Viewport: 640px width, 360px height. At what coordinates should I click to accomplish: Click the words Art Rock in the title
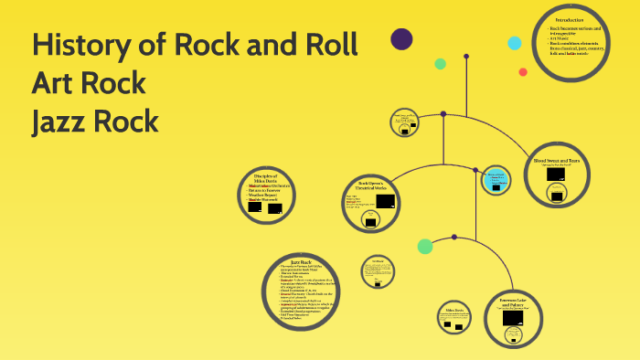pos(89,83)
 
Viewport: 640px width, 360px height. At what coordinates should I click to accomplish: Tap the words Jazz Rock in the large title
pos(95,121)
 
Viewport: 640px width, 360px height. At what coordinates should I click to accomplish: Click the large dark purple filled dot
pos(401,38)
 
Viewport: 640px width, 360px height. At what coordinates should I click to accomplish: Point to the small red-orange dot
pos(523,72)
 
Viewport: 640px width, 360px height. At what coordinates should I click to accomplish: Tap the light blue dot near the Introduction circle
pos(515,43)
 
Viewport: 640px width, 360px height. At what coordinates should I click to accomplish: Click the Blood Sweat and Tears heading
pos(557,161)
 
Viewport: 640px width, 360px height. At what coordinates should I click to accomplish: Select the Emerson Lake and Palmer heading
pos(517,301)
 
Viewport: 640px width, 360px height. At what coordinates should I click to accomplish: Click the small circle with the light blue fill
pos(496,179)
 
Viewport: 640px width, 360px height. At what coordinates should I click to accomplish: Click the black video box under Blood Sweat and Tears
pos(556,174)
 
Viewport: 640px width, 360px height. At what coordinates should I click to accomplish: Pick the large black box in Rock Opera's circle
pos(386,201)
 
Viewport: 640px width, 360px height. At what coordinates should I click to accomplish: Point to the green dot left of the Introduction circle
pos(441,64)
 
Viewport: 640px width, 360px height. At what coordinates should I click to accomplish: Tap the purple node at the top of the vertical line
pos(466,57)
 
